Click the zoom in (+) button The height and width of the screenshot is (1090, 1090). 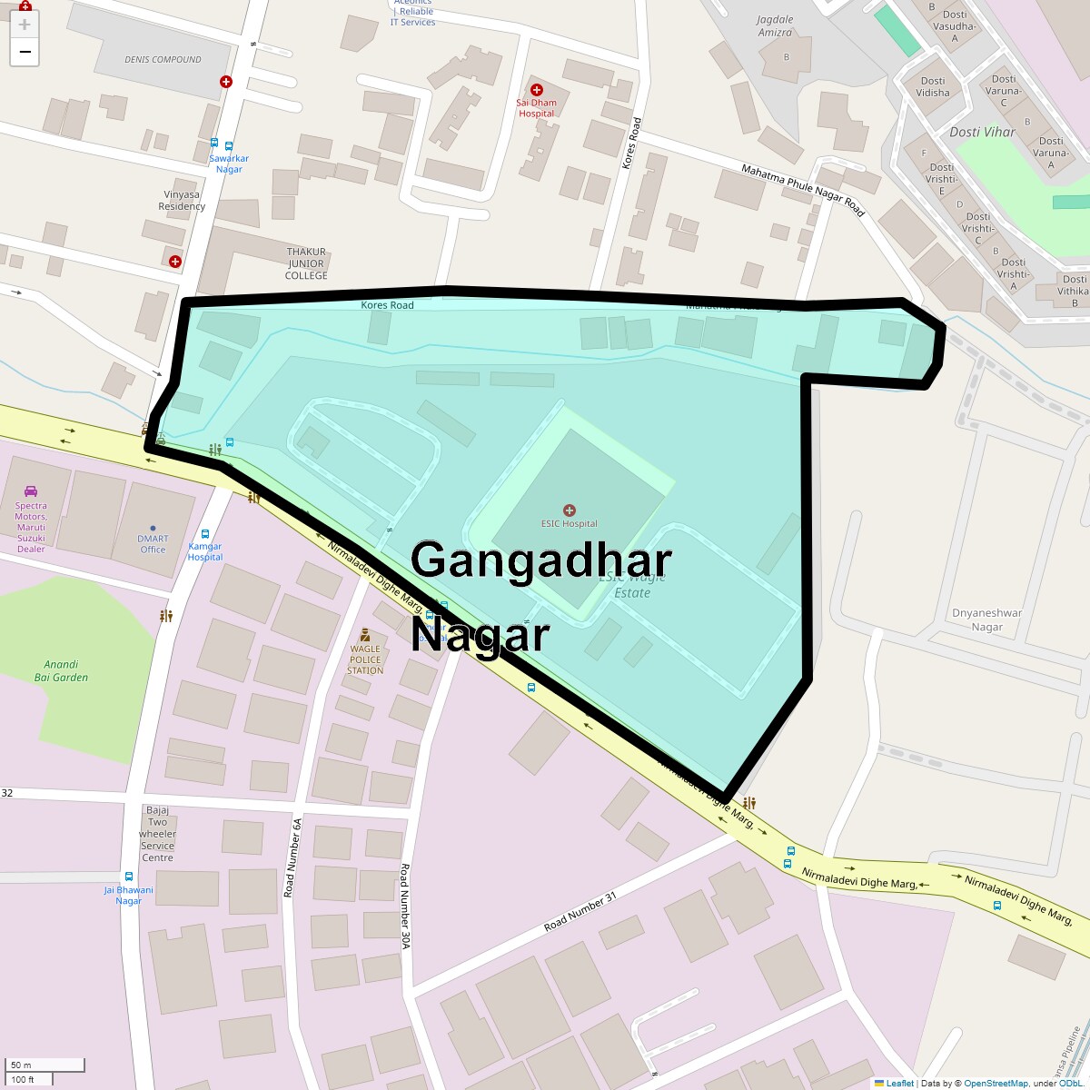[25, 25]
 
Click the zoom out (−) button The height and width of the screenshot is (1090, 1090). [25, 52]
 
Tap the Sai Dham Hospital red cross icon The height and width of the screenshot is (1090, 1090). [537, 90]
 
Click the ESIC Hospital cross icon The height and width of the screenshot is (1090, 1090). [570, 510]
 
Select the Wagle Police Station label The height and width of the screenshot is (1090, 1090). [365, 659]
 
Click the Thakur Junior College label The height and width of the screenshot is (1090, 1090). [306, 263]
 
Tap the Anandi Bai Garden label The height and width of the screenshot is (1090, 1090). [61, 670]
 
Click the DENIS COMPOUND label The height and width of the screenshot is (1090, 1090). [163, 60]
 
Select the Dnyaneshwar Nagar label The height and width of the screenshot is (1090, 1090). [986, 619]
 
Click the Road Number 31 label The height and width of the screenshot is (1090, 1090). [580, 912]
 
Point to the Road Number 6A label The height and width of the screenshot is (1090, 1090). [292, 857]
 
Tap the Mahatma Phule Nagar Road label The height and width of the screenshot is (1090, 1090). [803, 190]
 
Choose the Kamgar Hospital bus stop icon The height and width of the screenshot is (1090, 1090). [205, 535]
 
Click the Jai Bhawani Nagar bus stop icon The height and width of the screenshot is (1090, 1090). [128, 877]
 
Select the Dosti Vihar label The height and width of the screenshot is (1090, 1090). [982, 132]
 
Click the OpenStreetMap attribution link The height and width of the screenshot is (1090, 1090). [996, 1083]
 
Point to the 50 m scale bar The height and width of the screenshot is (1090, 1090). [45, 1065]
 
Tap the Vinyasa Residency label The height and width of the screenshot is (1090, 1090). [182, 200]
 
